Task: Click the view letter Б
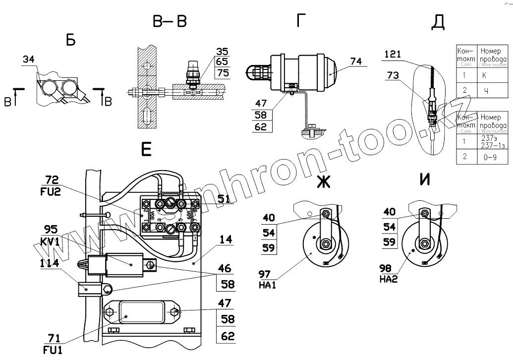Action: point(71,41)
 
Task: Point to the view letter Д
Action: point(438,22)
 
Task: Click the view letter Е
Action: point(146,149)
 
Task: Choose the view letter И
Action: point(424,180)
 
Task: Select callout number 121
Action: point(392,54)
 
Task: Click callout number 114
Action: point(50,264)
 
